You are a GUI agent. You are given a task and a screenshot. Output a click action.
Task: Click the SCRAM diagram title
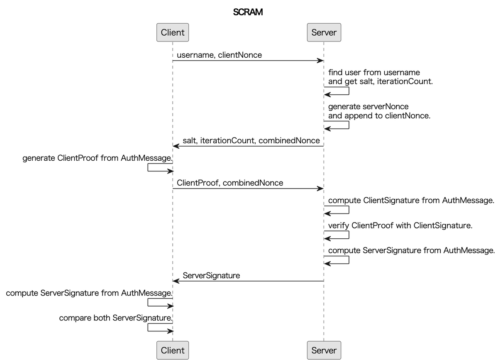(248, 12)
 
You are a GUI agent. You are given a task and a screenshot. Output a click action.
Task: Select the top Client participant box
(173, 32)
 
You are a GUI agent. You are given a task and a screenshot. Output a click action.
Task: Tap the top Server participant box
(324, 32)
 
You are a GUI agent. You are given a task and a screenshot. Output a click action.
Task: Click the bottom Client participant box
(173, 350)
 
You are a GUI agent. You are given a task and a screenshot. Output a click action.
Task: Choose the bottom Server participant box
(324, 350)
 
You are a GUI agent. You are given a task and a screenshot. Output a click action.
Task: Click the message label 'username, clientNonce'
(219, 55)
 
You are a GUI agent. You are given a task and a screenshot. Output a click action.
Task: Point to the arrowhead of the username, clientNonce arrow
(320, 61)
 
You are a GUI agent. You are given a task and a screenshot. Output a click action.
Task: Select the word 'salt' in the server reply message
(190, 140)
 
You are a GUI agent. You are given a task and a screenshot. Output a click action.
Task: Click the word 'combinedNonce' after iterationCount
(289, 140)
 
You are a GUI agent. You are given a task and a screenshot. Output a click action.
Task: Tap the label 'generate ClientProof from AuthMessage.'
(97, 158)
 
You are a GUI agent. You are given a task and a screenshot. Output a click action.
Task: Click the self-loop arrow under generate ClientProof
(160, 167)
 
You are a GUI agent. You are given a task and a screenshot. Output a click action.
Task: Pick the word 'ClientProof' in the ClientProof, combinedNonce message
(198, 183)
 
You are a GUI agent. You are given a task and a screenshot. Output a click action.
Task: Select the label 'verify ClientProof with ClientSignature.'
(400, 225)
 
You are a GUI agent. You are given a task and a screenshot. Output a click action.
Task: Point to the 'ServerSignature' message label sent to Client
(211, 275)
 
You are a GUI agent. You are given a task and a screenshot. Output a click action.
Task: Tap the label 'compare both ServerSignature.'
(115, 318)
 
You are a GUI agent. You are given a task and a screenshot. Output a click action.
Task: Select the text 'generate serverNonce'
(368, 106)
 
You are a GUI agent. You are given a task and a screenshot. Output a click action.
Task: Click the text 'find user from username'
(374, 72)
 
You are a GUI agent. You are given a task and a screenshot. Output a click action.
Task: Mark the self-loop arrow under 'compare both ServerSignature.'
(160, 328)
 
